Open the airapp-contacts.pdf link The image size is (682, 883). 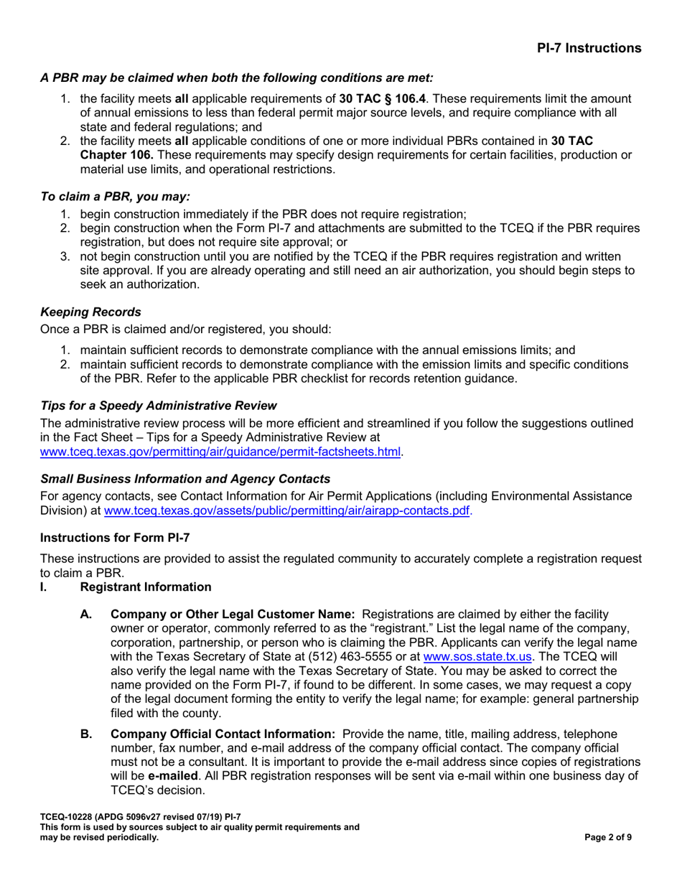pos(288,511)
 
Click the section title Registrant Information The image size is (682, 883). pos(146,587)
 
